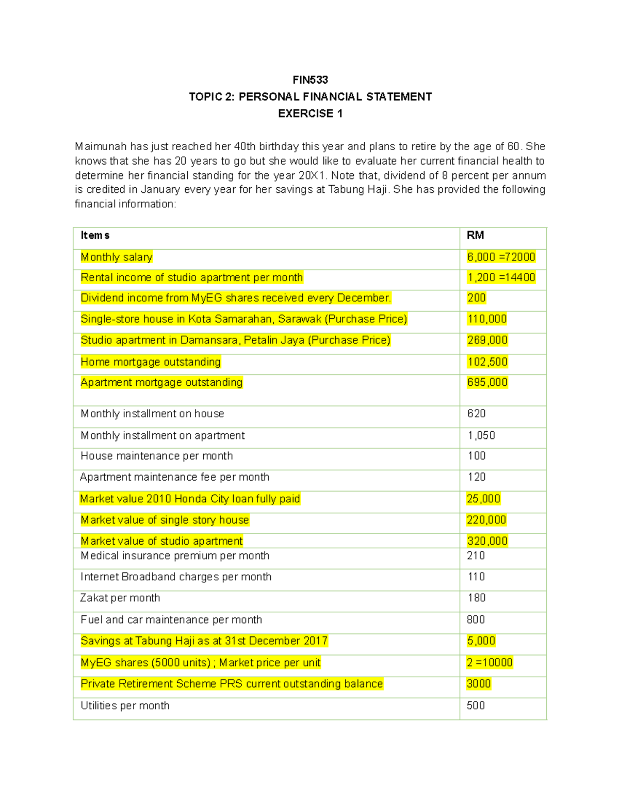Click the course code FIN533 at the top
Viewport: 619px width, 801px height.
(x=310, y=80)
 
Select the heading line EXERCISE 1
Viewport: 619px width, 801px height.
(x=310, y=113)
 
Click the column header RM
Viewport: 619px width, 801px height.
(x=475, y=235)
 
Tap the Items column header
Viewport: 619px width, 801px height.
(x=95, y=235)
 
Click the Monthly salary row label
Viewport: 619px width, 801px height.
(x=117, y=257)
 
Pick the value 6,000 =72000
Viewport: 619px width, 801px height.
(x=501, y=257)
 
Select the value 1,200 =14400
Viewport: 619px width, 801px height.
(x=501, y=277)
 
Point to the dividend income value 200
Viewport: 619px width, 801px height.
(x=477, y=298)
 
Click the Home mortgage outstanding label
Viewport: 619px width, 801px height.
(x=151, y=362)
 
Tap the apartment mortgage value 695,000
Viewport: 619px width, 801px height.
(x=487, y=382)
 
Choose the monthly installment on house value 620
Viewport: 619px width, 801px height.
(x=477, y=414)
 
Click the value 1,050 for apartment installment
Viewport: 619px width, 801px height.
(x=481, y=435)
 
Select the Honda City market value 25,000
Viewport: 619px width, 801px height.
(x=483, y=499)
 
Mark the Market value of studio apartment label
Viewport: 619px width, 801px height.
(x=161, y=541)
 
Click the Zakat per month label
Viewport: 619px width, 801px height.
(x=120, y=598)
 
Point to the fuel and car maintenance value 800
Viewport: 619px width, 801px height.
(x=476, y=619)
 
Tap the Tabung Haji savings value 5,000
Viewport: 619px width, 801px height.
(x=481, y=641)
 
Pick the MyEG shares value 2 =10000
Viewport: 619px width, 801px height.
(x=490, y=662)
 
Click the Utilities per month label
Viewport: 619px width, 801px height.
(x=125, y=706)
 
